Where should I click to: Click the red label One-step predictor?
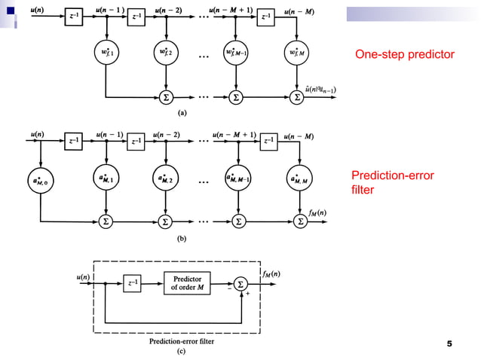coord(404,55)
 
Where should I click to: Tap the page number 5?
coord(449,344)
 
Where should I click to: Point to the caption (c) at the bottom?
coord(182,351)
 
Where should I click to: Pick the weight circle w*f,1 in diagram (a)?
coord(106,55)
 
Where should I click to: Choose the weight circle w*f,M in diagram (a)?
coord(298,55)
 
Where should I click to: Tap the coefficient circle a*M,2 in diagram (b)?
coord(165,179)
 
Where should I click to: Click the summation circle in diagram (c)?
coord(240,283)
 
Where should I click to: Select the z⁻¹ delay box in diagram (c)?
coord(133,283)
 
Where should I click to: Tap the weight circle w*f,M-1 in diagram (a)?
coord(237,55)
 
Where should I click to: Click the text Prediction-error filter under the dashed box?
coord(182,341)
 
